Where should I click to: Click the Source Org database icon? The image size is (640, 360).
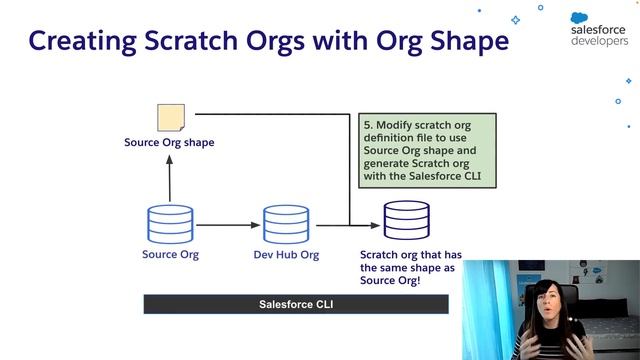point(169,225)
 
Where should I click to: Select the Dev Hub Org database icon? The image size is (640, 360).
point(285,225)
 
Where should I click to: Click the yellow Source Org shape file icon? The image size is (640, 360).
point(170,118)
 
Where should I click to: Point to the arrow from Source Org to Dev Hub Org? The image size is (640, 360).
point(227,225)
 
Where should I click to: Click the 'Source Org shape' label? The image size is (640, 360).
point(169,143)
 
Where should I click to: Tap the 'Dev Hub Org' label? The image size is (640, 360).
point(285,255)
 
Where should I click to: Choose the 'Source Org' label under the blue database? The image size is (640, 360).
point(170,255)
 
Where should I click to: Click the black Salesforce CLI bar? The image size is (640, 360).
point(296,304)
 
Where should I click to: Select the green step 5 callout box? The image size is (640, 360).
point(427,150)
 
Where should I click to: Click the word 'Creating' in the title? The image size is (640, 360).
point(77,42)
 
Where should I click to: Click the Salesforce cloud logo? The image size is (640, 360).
point(585,18)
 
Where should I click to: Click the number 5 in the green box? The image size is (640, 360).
point(366,125)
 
